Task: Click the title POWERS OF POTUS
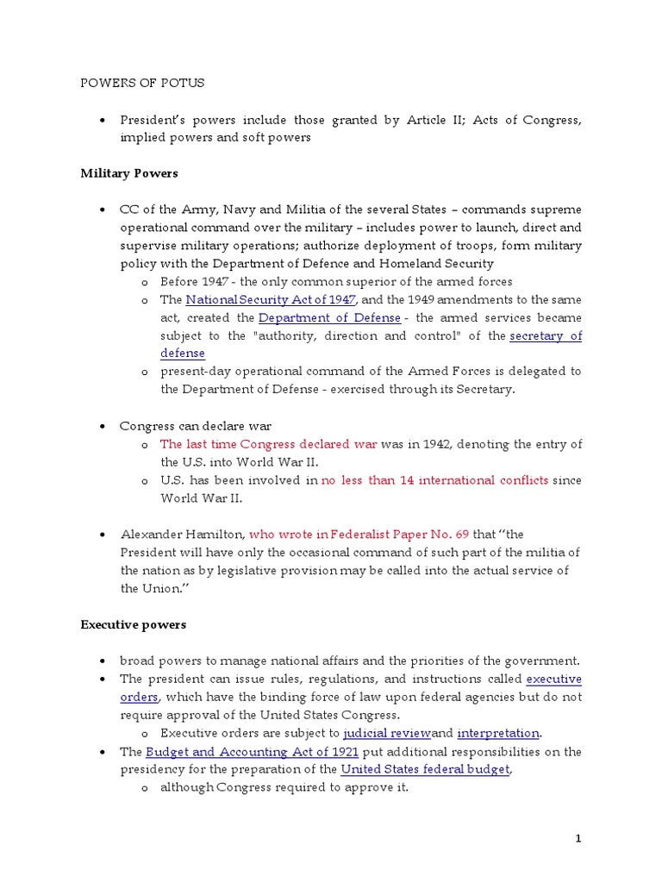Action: coord(142,83)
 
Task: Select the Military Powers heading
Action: coord(129,173)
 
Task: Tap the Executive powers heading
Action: coord(134,623)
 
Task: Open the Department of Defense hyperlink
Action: coord(329,317)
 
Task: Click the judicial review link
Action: coord(386,733)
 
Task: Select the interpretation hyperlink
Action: coord(497,733)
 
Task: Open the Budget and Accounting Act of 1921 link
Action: coord(252,751)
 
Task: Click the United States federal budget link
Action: coord(425,769)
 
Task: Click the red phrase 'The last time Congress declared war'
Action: coord(268,444)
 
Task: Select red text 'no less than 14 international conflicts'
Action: coord(434,480)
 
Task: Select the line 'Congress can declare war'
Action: coord(196,426)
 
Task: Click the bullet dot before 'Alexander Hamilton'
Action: coord(102,535)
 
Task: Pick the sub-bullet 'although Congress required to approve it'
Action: coord(284,787)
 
